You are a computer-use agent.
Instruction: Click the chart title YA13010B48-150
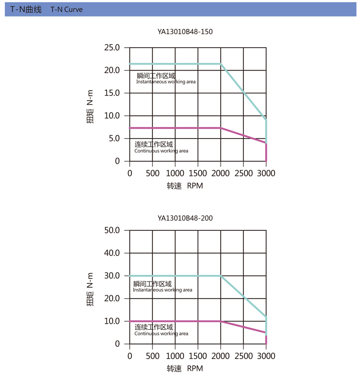pos(185,32)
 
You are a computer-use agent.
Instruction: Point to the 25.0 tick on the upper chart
pos(111,48)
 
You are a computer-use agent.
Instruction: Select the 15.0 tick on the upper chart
pos(111,93)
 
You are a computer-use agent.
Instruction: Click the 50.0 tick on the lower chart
pos(111,230)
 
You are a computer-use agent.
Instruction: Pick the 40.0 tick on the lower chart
pos(111,253)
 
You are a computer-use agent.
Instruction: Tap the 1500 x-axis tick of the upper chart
pos(198,173)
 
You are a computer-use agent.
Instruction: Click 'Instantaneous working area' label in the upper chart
pos(166,82)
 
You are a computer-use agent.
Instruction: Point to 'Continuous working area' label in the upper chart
pos(161,151)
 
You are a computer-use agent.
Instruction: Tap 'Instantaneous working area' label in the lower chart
pos(162,290)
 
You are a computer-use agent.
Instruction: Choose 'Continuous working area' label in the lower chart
pos(161,334)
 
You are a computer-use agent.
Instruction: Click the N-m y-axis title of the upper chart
pos(90,105)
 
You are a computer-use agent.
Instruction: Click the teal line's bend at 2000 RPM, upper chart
pos(220,64)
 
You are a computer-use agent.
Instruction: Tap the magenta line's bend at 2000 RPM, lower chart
pos(220,321)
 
